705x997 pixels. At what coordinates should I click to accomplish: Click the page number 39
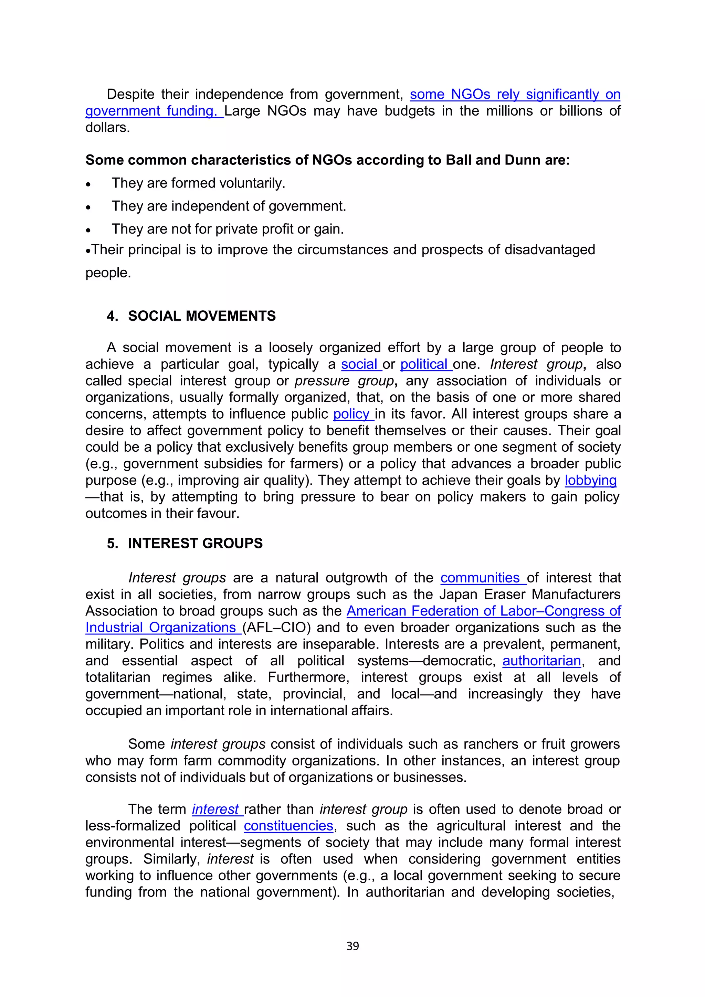[352, 946]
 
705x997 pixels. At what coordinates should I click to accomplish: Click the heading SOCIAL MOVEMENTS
[202, 316]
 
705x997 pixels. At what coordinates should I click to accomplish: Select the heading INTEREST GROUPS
[195, 543]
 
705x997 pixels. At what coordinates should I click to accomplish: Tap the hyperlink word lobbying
[590, 480]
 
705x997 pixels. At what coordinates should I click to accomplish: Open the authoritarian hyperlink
[541, 661]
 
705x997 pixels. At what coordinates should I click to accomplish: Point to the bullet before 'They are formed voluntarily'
[88, 184]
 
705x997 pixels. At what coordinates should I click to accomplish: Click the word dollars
[107, 128]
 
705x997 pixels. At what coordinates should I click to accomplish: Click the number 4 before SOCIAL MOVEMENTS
[112, 316]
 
